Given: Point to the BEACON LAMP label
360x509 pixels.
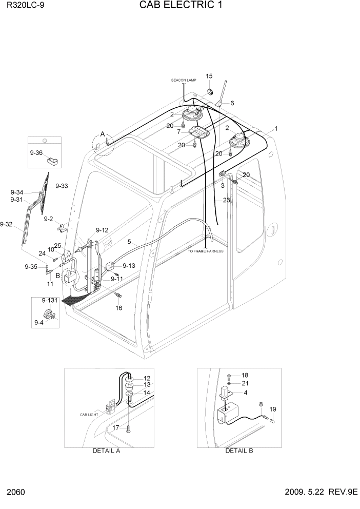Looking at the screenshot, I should pyautogui.click(x=183, y=81).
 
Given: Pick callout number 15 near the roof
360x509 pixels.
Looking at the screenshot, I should pyautogui.click(x=209, y=76).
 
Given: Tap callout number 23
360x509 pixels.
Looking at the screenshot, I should pyautogui.click(x=226, y=200).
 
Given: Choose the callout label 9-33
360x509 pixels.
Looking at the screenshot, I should pyautogui.click(x=62, y=186).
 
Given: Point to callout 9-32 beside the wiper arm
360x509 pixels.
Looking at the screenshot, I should pyautogui.click(x=6, y=224).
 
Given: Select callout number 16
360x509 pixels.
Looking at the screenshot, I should pyautogui.click(x=118, y=308).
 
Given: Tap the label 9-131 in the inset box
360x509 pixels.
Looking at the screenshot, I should pyautogui.click(x=49, y=300).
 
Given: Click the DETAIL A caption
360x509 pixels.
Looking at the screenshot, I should pyautogui.click(x=106, y=451).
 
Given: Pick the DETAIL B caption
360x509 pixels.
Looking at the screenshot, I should pyautogui.click(x=239, y=451).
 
